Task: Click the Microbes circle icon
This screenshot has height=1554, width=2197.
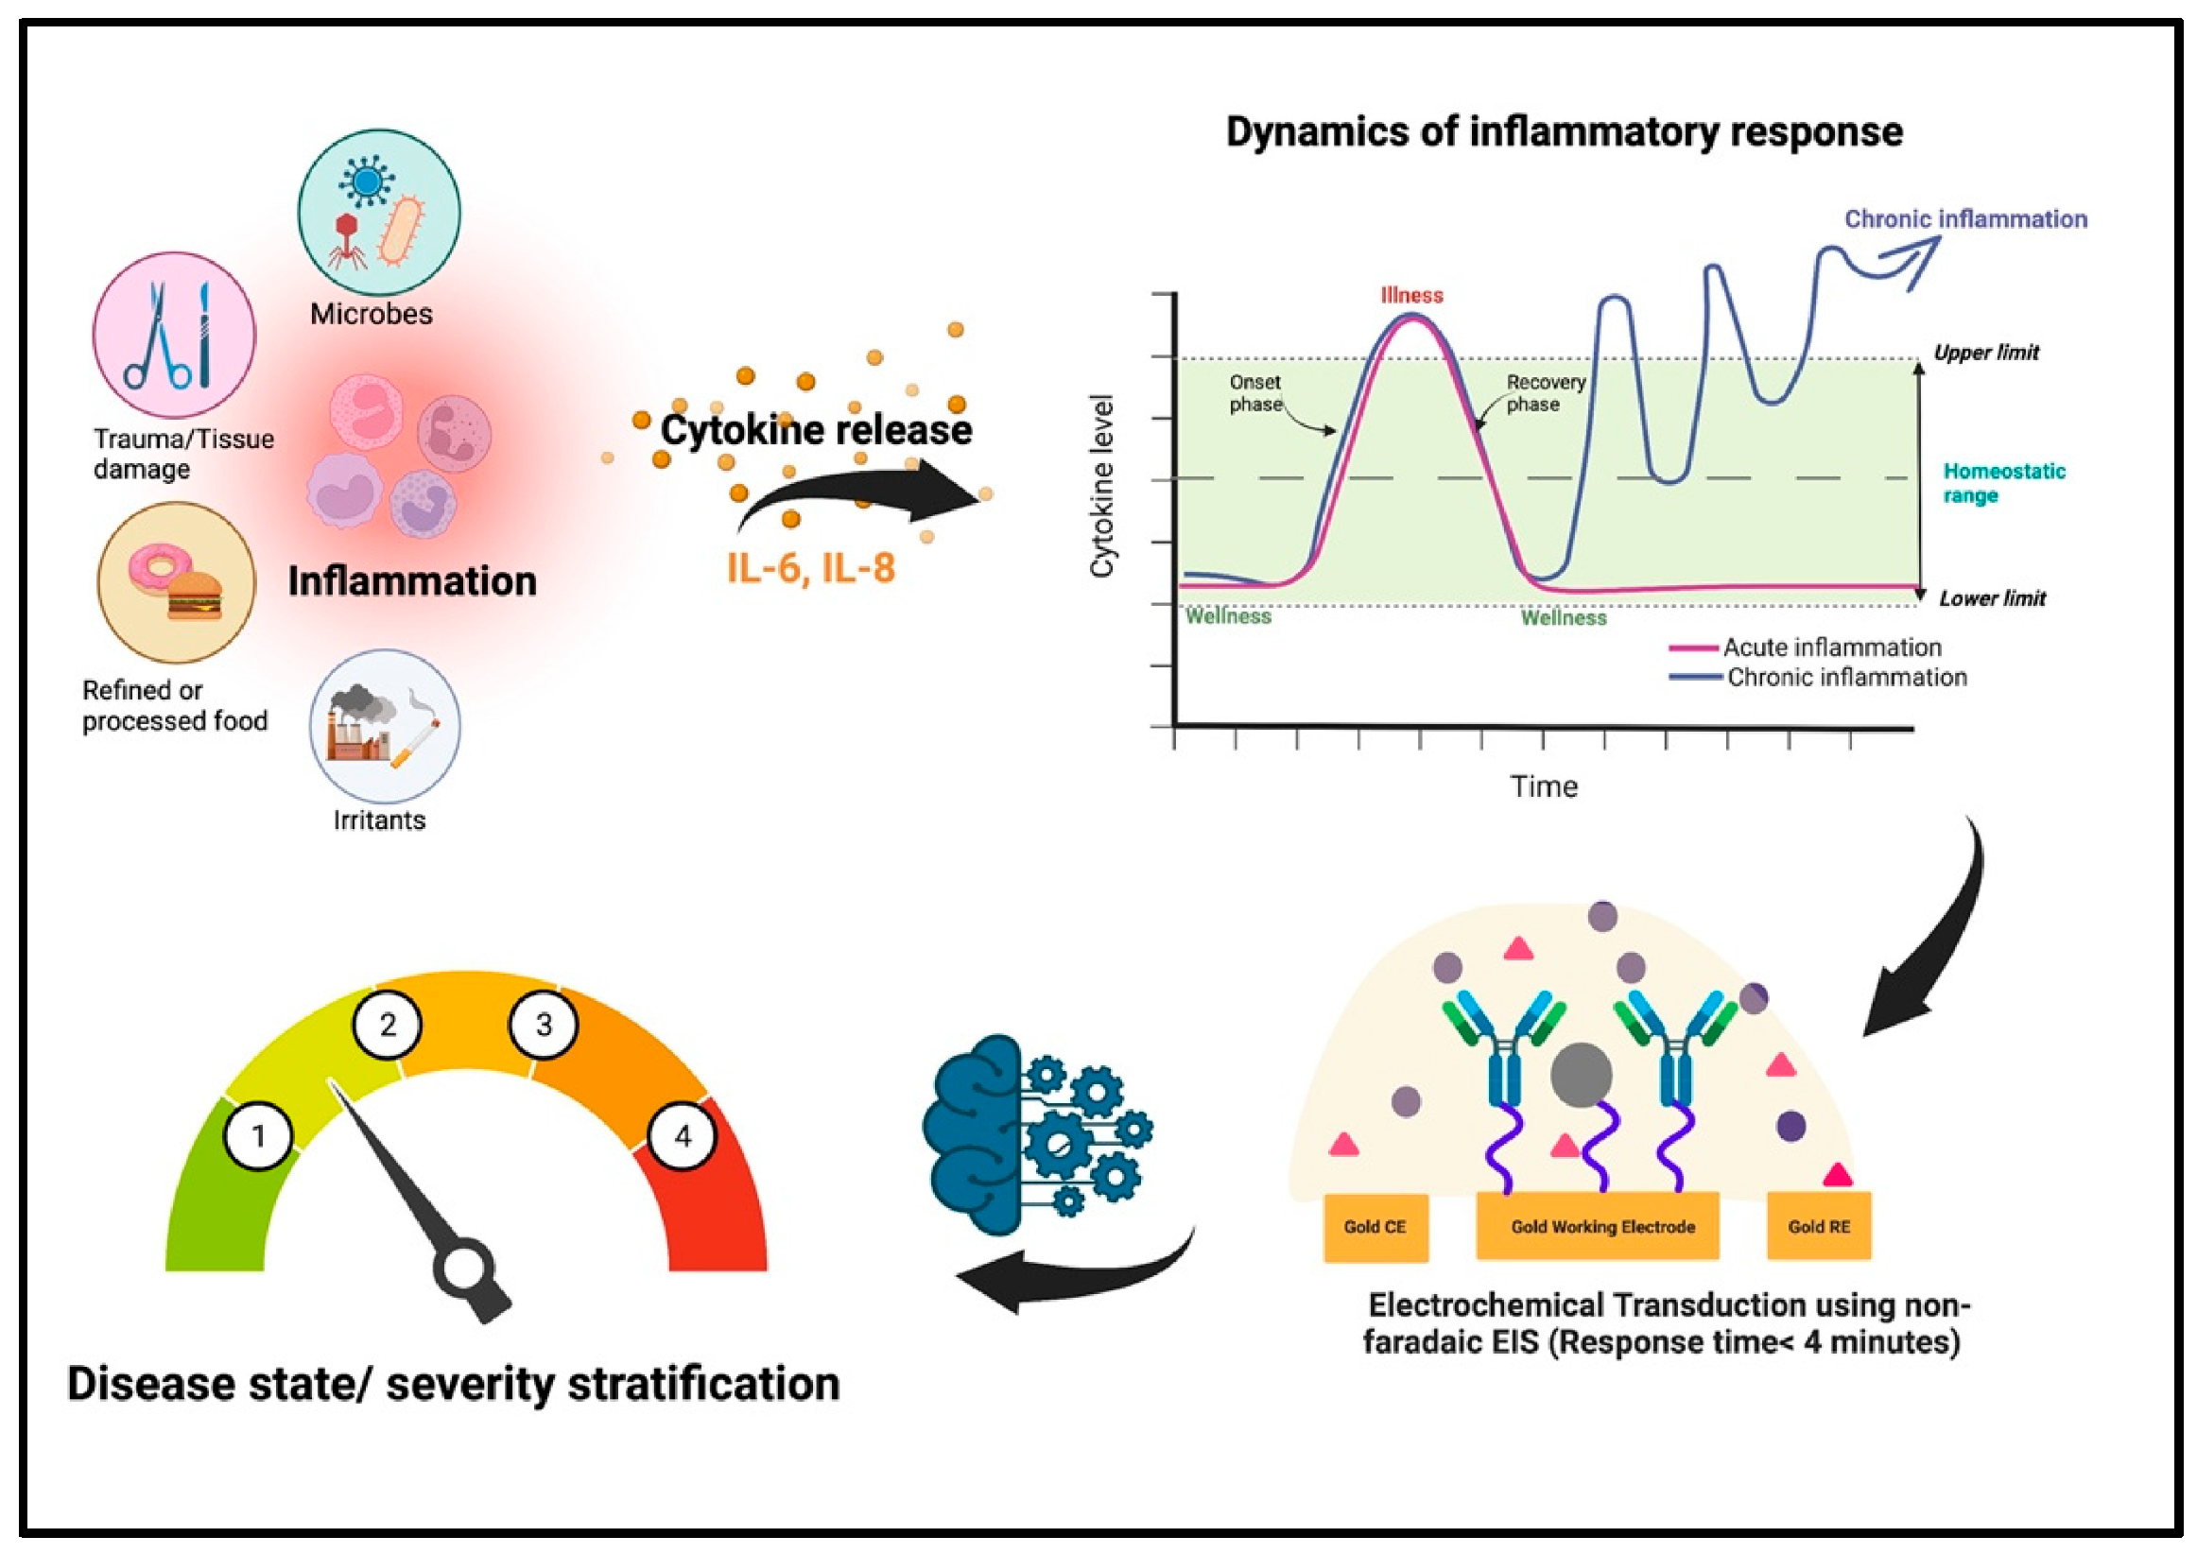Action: (x=379, y=213)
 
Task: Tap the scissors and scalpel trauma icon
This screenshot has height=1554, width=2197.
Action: (x=174, y=335)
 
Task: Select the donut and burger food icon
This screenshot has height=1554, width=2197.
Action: (x=177, y=582)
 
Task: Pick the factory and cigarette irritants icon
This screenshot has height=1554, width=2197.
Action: (x=385, y=726)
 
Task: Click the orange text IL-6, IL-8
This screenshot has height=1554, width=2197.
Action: (x=810, y=567)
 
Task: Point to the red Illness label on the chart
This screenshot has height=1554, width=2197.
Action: (x=1411, y=296)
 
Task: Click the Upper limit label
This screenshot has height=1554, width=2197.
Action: (x=1986, y=354)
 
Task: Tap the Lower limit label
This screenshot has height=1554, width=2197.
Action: (x=1992, y=599)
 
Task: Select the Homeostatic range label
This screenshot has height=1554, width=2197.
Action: (x=2003, y=483)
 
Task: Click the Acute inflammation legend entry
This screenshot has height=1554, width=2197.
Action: (x=1831, y=647)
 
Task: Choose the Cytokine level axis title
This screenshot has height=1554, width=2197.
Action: (x=1102, y=486)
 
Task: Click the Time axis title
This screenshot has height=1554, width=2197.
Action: (x=1544, y=786)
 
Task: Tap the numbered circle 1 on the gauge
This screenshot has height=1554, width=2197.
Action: (x=258, y=1136)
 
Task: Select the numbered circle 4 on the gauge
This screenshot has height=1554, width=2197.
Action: (x=683, y=1136)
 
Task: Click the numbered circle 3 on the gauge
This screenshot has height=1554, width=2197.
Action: (x=544, y=1025)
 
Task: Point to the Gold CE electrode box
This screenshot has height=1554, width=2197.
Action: (x=1375, y=1227)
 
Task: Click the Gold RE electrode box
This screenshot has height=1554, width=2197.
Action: (x=1818, y=1227)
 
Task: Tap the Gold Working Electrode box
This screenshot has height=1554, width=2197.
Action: (x=1602, y=1227)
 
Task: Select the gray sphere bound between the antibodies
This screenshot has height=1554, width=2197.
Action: (x=1582, y=1076)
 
